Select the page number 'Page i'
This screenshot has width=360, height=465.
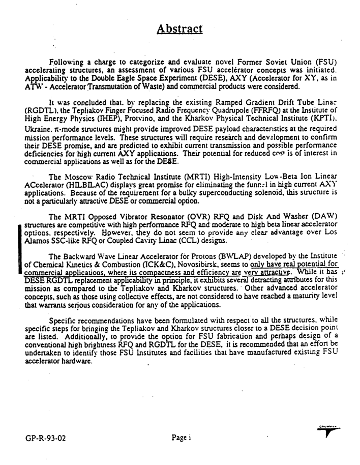tap(181, 437)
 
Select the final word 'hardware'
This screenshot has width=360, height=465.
tap(75, 363)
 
